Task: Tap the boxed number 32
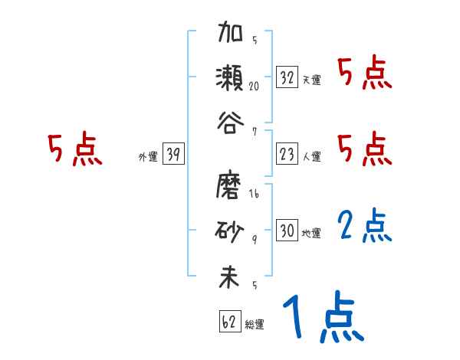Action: pos(287,77)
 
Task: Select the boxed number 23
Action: pos(287,154)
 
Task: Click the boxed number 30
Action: pos(287,231)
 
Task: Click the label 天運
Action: pos(311,80)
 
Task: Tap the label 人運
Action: pos(311,156)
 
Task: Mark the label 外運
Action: pos(148,156)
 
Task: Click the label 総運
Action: pos(255,323)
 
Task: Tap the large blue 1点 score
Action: pos(322,318)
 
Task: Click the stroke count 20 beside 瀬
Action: pos(254,87)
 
